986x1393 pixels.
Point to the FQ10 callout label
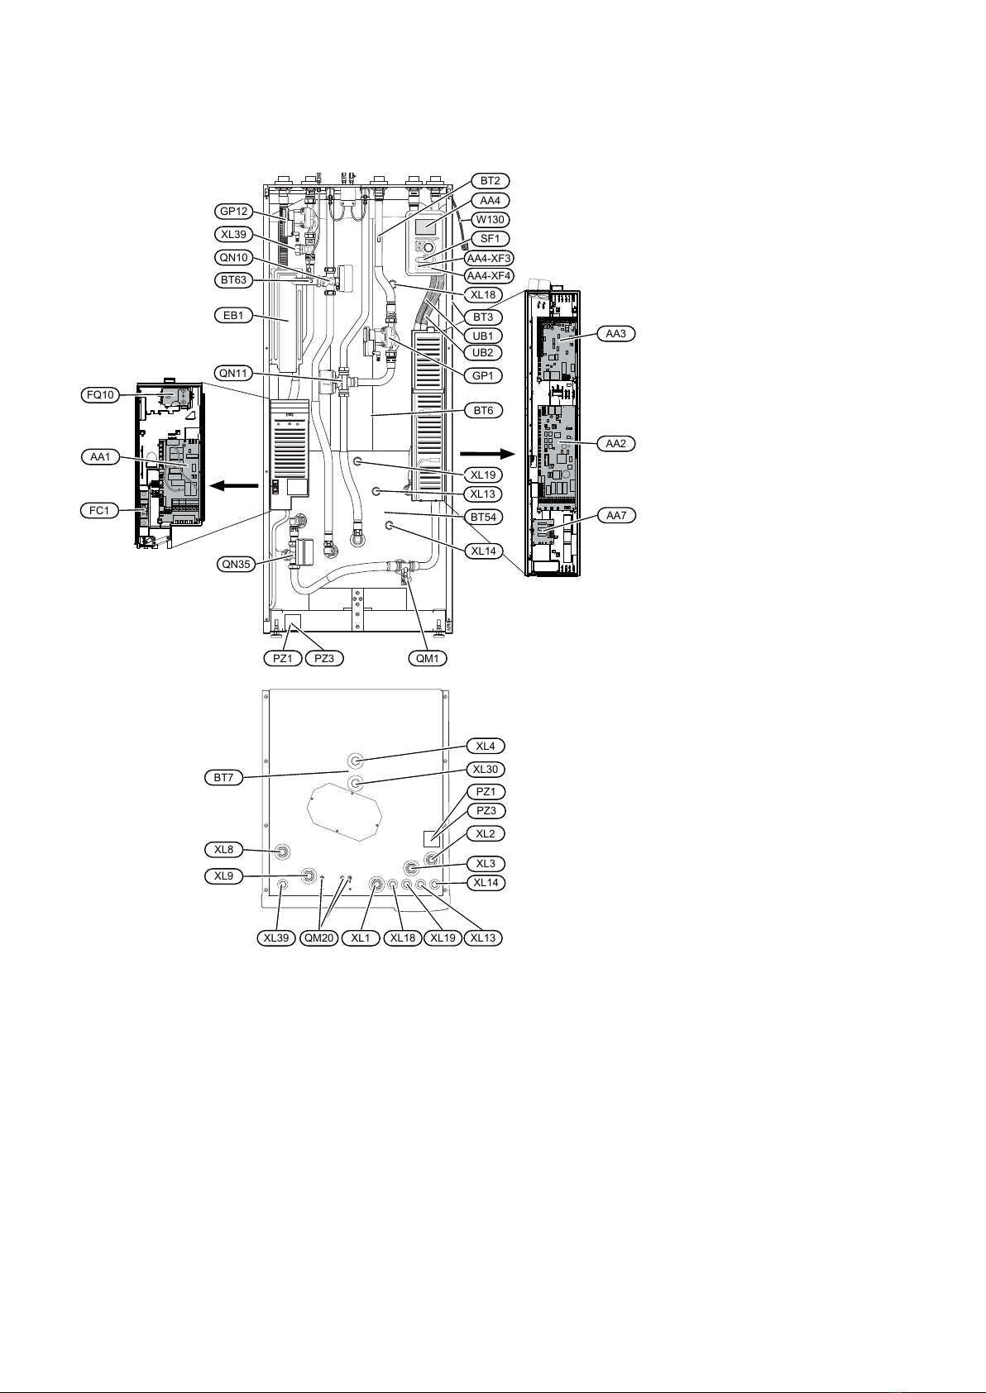(100, 395)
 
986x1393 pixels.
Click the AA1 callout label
(100, 456)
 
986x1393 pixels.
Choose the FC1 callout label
(100, 511)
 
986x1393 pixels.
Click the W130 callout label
(491, 219)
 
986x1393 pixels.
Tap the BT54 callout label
(483, 516)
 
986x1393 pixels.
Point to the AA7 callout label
(615, 514)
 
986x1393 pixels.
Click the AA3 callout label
(615, 333)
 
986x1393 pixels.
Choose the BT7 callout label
(224, 777)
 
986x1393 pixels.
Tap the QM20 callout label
(318, 938)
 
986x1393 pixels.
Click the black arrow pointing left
(228, 487)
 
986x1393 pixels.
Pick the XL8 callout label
(224, 849)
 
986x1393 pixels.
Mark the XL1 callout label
(361, 938)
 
